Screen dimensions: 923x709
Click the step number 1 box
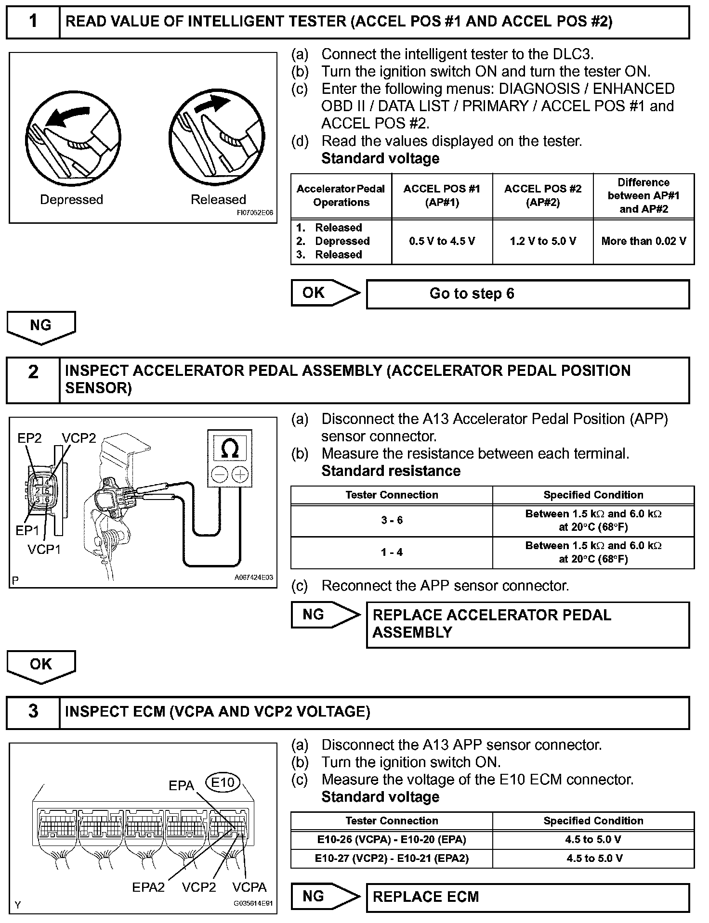(x=33, y=21)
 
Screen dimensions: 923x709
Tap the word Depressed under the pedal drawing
(x=71, y=200)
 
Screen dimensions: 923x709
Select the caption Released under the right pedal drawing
(x=218, y=200)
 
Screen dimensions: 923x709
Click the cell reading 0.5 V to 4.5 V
(x=442, y=241)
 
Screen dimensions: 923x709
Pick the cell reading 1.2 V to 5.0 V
(x=543, y=241)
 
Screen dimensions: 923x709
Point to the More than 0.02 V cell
(x=643, y=241)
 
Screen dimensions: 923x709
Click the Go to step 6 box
(x=527, y=294)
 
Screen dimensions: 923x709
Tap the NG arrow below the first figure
(x=41, y=326)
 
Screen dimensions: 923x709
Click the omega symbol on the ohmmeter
(x=230, y=449)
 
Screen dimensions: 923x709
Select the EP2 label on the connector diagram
(x=29, y=438)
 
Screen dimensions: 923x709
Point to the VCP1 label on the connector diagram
(x=44, y=550)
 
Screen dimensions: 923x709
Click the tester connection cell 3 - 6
(x=392, y=520)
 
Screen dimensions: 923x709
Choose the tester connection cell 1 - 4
(x=392, y=552)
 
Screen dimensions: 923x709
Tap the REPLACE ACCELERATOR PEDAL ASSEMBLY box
(x=527, y=624)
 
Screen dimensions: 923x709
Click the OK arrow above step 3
(x=41, y=665)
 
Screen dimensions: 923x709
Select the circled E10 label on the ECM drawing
(x=223, y=782)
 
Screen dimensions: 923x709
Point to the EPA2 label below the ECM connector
(x=148, y=887)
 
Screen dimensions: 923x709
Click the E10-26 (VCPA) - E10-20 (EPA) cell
(x=392, y=840)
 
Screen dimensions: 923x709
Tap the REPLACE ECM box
(x=527, y=897)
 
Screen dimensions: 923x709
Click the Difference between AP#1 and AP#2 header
(x=643, y=196)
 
